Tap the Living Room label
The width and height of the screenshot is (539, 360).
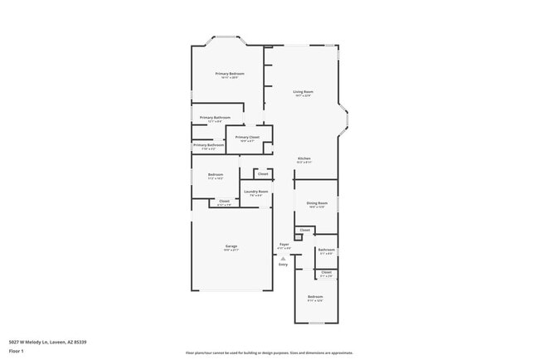pos(303,91)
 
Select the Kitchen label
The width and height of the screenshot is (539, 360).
pos(303,158)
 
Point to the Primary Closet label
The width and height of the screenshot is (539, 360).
pos(248,137)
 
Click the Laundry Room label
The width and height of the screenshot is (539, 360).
pos(255,192)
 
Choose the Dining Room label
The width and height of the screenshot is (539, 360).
pos(317,202)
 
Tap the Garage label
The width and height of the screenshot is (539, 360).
pos(231,246)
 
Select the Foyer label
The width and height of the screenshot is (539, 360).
pos(284,244)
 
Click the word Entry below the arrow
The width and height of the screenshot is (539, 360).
pos(283,264)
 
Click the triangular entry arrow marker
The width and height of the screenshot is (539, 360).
pos(283,257)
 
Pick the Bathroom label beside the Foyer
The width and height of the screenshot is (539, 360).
pos(326,250)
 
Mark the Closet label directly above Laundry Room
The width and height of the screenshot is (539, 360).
pos(262,174)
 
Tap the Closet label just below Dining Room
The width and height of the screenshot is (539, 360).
pos(304,230)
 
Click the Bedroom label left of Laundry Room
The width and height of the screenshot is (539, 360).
pos(215,174)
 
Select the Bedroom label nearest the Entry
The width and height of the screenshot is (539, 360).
pos(315,296)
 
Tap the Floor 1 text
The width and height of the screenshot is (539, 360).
pos(17,350)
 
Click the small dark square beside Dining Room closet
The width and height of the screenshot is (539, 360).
pos(298,237)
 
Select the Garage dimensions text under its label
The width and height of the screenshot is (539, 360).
pos(231,250)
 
